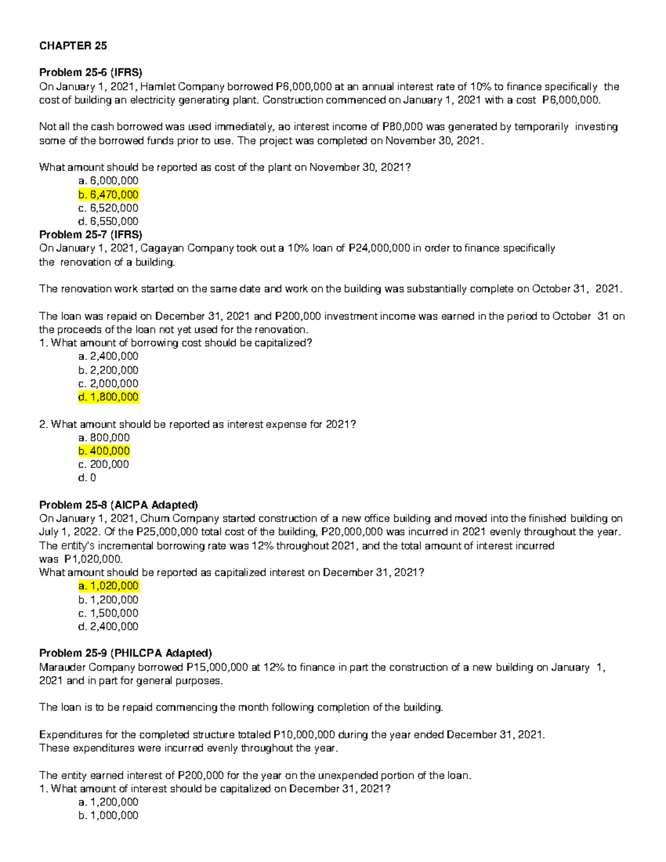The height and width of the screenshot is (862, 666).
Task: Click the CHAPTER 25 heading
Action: pos(73,46)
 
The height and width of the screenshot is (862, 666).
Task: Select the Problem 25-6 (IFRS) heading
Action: pos(90,73)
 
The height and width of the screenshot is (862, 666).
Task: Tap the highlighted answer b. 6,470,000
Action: pos(109,194)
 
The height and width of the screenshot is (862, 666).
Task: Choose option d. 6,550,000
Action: pos(109,221)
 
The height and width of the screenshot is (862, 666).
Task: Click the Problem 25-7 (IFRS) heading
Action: pos(90,235)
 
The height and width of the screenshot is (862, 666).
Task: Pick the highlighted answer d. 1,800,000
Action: pos(109,397)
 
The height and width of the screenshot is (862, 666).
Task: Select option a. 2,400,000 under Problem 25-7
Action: pos(109,356)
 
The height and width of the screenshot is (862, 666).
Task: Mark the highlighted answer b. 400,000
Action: pos(104,451)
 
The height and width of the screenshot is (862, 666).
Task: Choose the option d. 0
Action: pos(88,477)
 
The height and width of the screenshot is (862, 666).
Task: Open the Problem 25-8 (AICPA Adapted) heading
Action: pos(118,505)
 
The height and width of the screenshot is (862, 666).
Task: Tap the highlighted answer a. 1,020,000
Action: pos(109,586)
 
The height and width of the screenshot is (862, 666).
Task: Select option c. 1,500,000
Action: pos(109,613)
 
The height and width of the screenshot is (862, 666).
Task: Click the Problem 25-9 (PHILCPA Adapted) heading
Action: pos(125,653)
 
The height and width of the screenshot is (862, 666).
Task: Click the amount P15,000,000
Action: pos(217,667)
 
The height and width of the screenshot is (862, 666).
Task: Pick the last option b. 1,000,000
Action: pos(109,815)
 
